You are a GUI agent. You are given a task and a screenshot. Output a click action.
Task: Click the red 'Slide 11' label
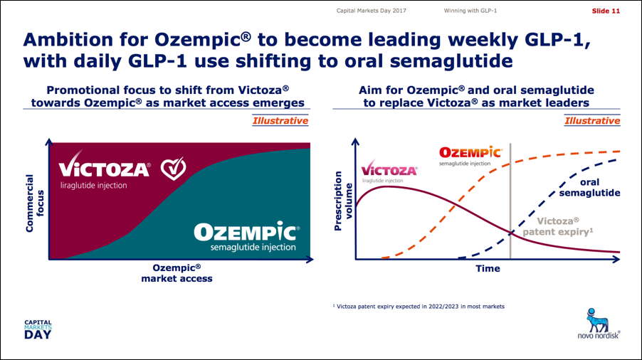pos(606,11)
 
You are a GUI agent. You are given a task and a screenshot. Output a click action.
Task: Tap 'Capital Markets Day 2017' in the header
pos(372,11)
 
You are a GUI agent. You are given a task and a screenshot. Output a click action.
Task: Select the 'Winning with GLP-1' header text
pos(470,11)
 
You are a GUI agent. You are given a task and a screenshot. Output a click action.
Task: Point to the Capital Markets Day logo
pos(38,329)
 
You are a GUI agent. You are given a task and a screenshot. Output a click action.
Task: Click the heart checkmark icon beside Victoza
pos(173,168)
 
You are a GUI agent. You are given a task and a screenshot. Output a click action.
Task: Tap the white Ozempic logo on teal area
pos(247,236)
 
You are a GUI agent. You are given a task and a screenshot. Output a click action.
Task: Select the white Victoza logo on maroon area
pos(105,170)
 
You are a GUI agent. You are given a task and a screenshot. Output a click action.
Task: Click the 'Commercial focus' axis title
pos(34,203)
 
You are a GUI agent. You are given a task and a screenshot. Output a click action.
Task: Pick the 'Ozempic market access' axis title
pos(177,273)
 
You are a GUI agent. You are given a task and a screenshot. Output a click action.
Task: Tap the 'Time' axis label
pos(488,269)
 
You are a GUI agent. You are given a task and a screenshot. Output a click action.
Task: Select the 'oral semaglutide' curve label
pos(589,187)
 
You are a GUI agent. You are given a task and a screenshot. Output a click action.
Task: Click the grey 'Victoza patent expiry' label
pos(557,226)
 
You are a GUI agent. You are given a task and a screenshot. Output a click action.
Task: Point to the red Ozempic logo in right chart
pos(470,157)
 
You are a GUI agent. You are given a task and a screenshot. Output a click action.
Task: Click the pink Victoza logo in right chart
pos(389,171)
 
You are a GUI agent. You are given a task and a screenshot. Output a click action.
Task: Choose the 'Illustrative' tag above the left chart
pos(280,121)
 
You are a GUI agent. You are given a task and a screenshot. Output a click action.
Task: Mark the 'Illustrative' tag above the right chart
pos(592,121)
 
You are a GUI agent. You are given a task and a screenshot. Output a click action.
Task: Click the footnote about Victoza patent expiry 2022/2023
pos(419,307)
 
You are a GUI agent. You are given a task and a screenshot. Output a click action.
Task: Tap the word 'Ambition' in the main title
pos(68,40)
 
